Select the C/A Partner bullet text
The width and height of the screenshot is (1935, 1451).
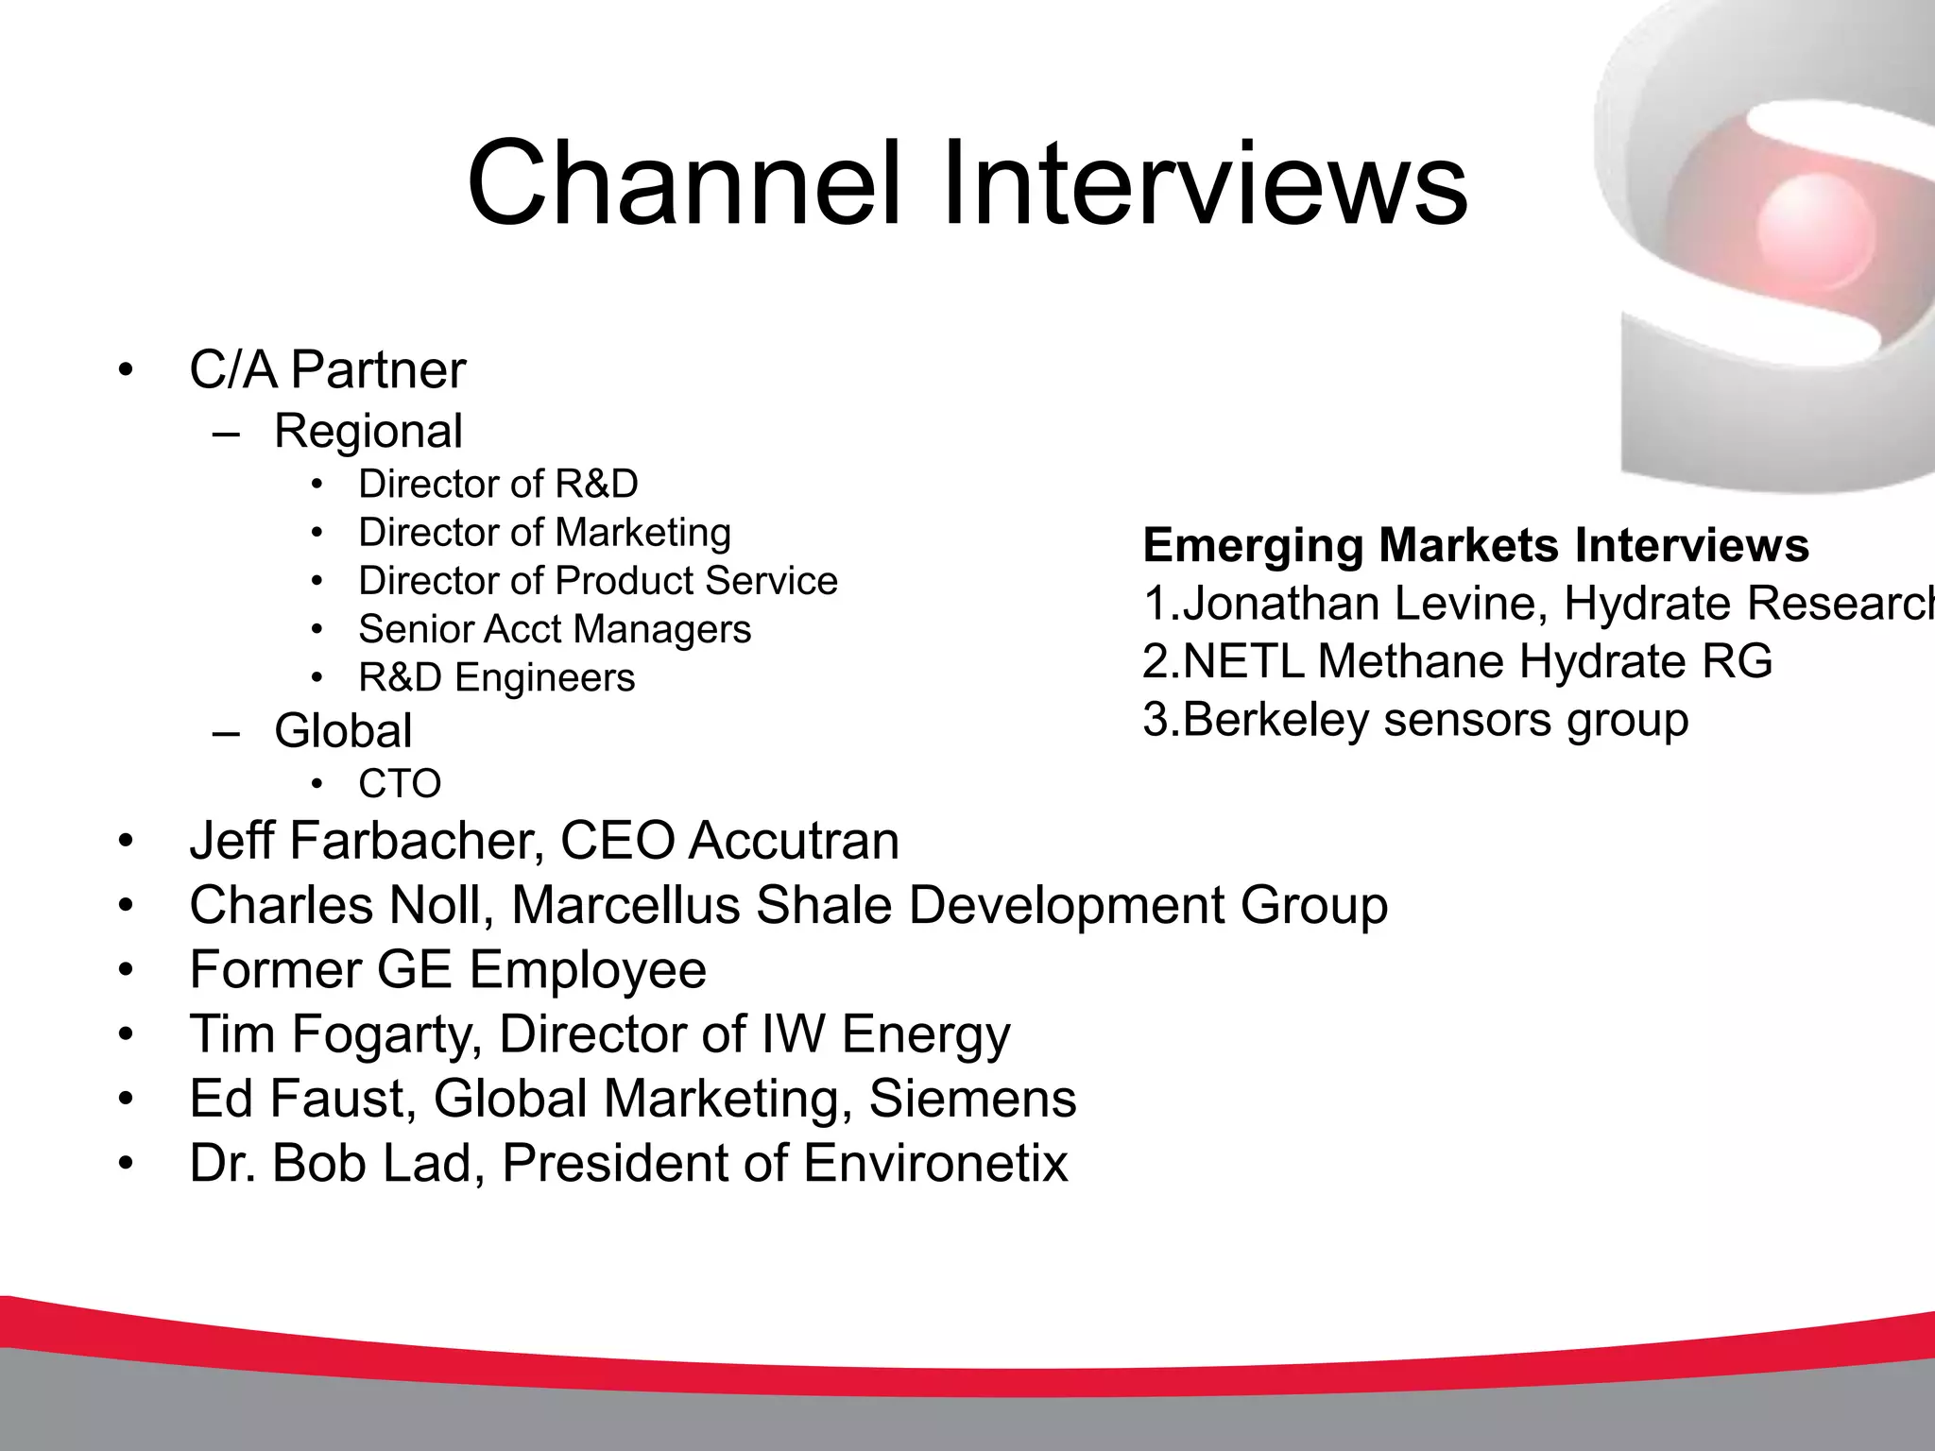[327, 369]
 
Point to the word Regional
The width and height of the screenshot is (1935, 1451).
[368, 431]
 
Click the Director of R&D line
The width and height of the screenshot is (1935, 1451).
[498, 484]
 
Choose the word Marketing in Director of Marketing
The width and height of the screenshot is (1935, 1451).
[642, 533]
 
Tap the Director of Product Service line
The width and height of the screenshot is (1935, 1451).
[597, 581]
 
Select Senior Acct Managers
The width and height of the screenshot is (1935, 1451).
[555, 629]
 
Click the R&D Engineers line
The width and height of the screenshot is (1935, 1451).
[496, 677]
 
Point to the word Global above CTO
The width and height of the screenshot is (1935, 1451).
[343, 730]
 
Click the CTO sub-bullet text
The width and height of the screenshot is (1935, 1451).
[400, 783]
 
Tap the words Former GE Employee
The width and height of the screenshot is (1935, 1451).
[448, 969]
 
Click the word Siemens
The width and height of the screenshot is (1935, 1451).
[972, 1098]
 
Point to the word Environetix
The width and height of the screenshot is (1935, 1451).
[935, 1162]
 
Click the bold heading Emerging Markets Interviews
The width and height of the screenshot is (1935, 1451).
[1476, 545]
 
